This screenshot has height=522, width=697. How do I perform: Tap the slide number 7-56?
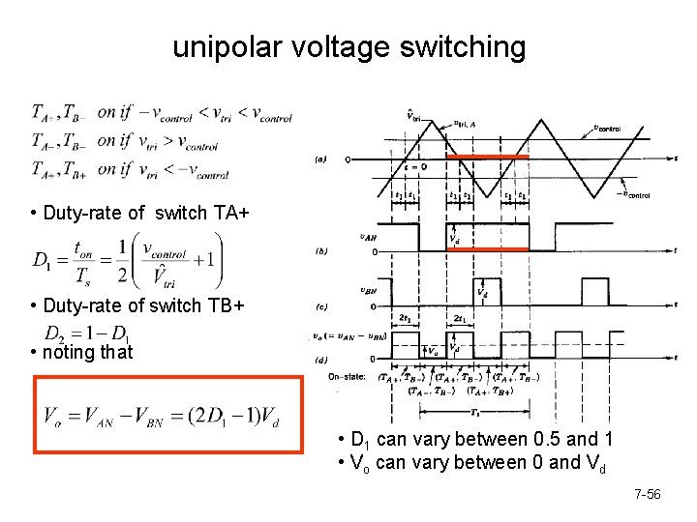pyautogui.click(x=647, y=495)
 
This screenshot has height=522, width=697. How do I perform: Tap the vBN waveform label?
pyautogui.click(x=367, y=287)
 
